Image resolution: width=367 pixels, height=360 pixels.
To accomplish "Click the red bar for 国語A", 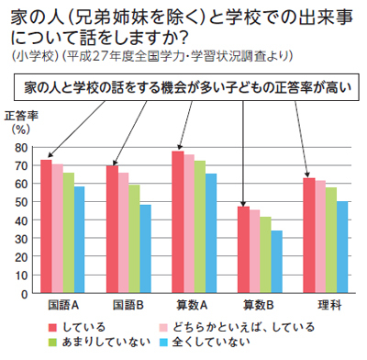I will click(46, 226).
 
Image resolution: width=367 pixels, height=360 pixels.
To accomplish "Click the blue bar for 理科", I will click(342, 247).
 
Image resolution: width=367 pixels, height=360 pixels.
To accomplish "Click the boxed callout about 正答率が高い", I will click(183, 89).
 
